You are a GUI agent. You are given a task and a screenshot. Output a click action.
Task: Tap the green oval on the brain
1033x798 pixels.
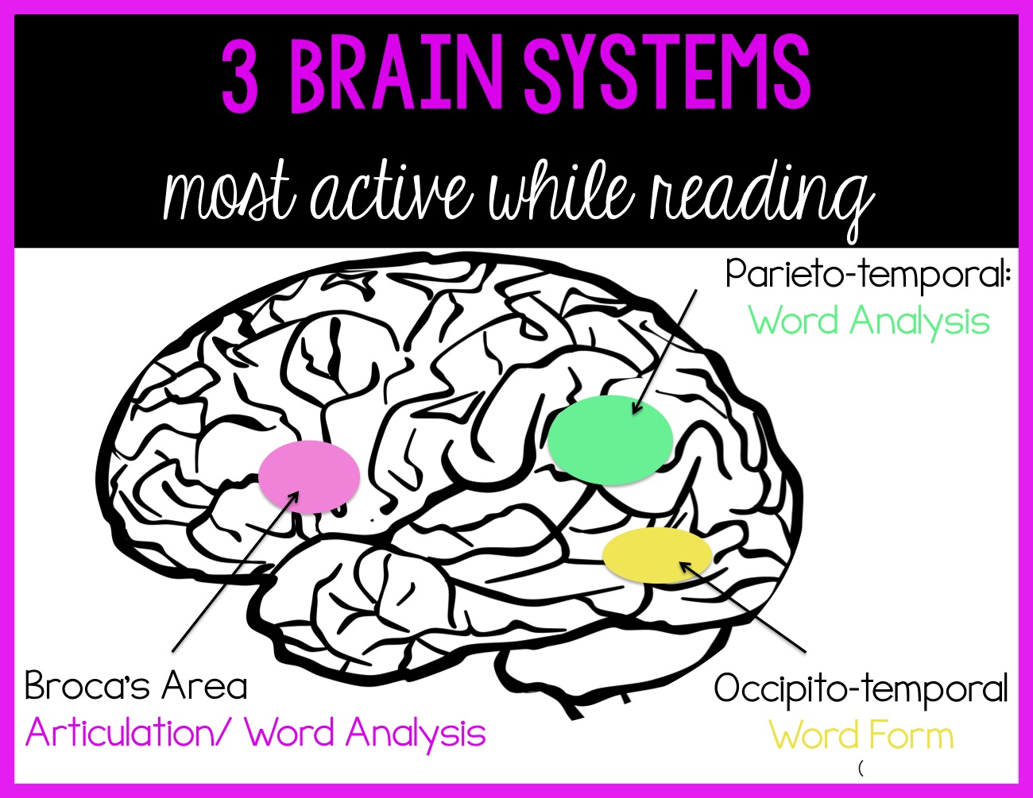[610, 440]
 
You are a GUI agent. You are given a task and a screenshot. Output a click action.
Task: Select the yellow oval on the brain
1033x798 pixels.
[656, 555]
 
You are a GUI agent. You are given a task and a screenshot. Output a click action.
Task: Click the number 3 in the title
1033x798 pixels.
[240, 79]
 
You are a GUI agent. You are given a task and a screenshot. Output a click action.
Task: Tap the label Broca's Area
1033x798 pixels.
[136, 686]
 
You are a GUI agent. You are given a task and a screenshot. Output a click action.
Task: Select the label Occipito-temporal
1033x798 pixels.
[861, 688]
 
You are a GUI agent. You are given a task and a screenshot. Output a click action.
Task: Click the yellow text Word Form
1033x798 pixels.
[861, 735]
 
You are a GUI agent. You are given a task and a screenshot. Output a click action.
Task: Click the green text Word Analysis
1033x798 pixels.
[869, 322]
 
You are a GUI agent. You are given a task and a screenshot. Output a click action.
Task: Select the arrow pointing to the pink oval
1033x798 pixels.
[234, 571]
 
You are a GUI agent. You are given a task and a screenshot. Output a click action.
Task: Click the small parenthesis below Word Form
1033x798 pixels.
[861, 768]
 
